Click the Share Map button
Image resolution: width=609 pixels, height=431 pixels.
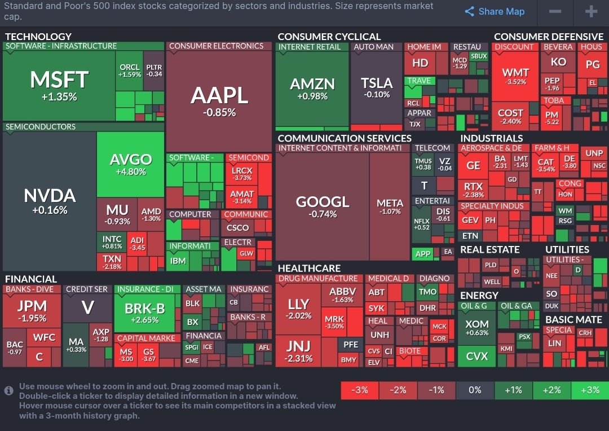tap(495, 12)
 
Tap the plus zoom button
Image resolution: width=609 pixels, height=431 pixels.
tap(590, 12)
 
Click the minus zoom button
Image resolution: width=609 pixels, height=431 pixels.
tap(555, 12)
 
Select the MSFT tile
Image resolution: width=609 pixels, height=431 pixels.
tap(59, 85)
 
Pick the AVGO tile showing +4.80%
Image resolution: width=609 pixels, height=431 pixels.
tap(130, 164)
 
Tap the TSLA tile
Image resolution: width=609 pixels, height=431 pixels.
tap(377, 87)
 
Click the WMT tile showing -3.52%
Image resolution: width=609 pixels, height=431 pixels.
tap(515, 76)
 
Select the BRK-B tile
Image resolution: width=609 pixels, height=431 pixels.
tap(144, 313)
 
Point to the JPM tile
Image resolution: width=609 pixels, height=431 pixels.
tap(32, 311)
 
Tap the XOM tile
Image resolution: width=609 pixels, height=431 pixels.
tap(477, 328)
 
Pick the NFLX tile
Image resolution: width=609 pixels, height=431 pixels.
tap(422, 224)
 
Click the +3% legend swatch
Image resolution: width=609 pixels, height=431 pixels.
tap(590, 390)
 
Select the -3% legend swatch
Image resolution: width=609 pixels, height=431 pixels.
tap(360, 390)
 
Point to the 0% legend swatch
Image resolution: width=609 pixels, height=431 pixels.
tap(475, 390)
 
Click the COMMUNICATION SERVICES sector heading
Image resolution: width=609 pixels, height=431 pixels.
tap(345, 138)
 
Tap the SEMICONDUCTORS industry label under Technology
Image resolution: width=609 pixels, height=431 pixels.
tap(41, 127)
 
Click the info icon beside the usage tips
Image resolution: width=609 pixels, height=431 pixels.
tap(9, 390)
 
